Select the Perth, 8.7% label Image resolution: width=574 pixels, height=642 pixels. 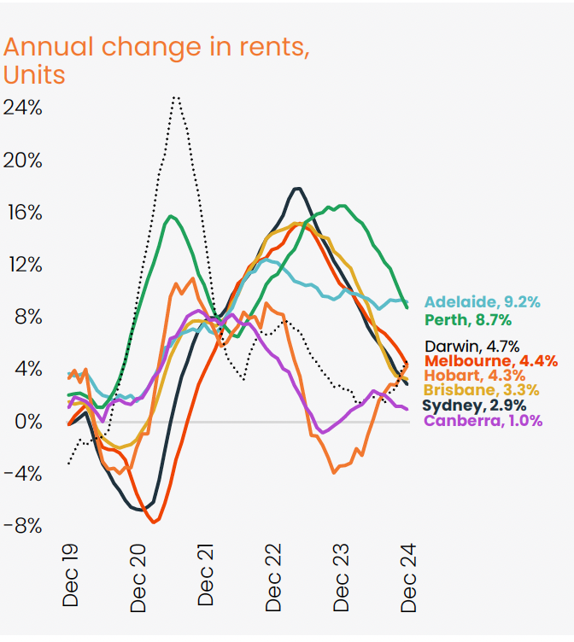point(468,320)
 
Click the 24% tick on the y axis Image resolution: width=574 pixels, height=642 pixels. point(22,108)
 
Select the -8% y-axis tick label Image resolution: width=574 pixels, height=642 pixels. point(22,526)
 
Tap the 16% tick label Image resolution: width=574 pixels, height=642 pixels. point(22,213)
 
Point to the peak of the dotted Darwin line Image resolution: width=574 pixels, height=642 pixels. point(175,96)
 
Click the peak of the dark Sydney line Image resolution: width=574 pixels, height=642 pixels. point(296,188)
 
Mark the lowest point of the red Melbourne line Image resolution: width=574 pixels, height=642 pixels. point(155,521)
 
